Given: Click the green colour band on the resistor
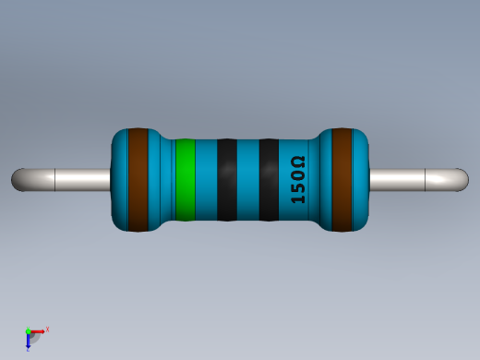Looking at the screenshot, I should pos(185,180).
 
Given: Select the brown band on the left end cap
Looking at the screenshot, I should pos(138,180).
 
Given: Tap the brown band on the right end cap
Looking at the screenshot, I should pos(342,180).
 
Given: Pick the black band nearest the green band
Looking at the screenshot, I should pos(227,180).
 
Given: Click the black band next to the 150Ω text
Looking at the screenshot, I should pos(269,180).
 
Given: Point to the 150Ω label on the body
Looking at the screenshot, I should pos(298,180).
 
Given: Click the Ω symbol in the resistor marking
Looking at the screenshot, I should pos(298,162).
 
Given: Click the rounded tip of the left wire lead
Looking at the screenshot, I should pos(18,180).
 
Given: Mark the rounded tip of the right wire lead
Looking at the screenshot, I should pos(462,180).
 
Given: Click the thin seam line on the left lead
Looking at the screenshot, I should pos(55,180).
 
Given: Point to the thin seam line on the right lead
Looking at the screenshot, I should pos(426,180).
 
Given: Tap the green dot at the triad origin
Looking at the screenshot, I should pos(29,331).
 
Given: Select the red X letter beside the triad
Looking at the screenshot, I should pos(47,329).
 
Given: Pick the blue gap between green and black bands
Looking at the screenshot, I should pos(206,180).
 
